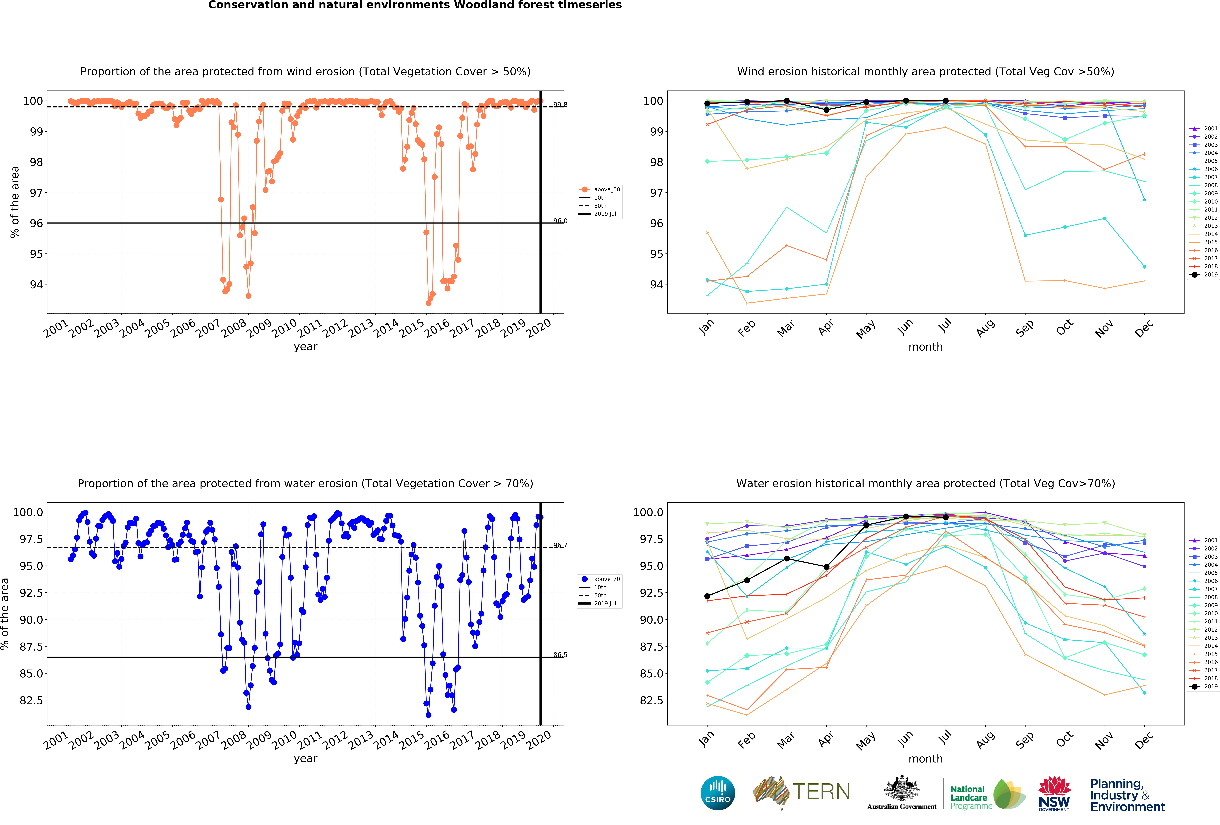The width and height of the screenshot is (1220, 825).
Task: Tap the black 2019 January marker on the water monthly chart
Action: pyautogui.click(x=707, y=596)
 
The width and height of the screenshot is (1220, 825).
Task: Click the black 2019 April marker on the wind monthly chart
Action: pyautogui.click(x=826, y=110)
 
